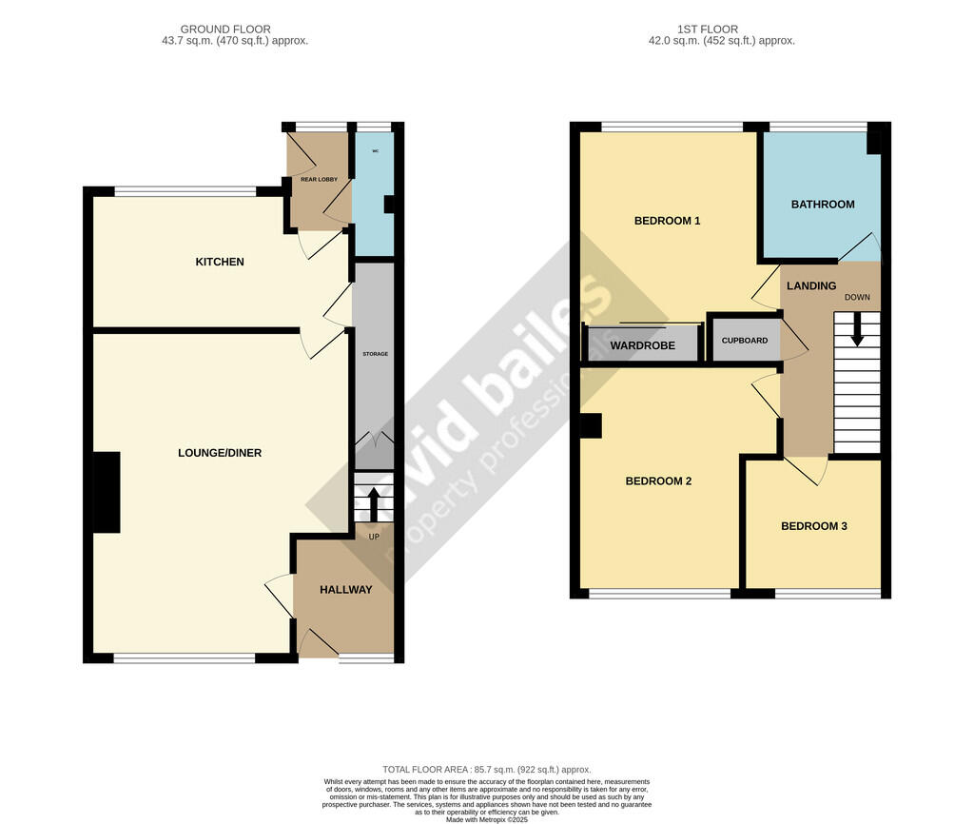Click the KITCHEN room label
tap(220, 262)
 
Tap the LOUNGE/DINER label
tap(220, 453)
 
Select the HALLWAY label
tap(345, 590)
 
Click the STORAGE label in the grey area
tap(375, 354)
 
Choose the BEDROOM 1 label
tap(667, 221)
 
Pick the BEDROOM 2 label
tap(658, 481)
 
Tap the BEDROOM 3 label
tap(813, 526)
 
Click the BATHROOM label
tap(823, 205)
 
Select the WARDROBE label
tap(643, 345)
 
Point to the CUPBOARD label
tap(745, 341)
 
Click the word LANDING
tap(810, 285)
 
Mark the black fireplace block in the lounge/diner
tap(107, 492)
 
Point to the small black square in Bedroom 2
tap(591, 426)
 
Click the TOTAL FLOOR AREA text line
tap(487, 770)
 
